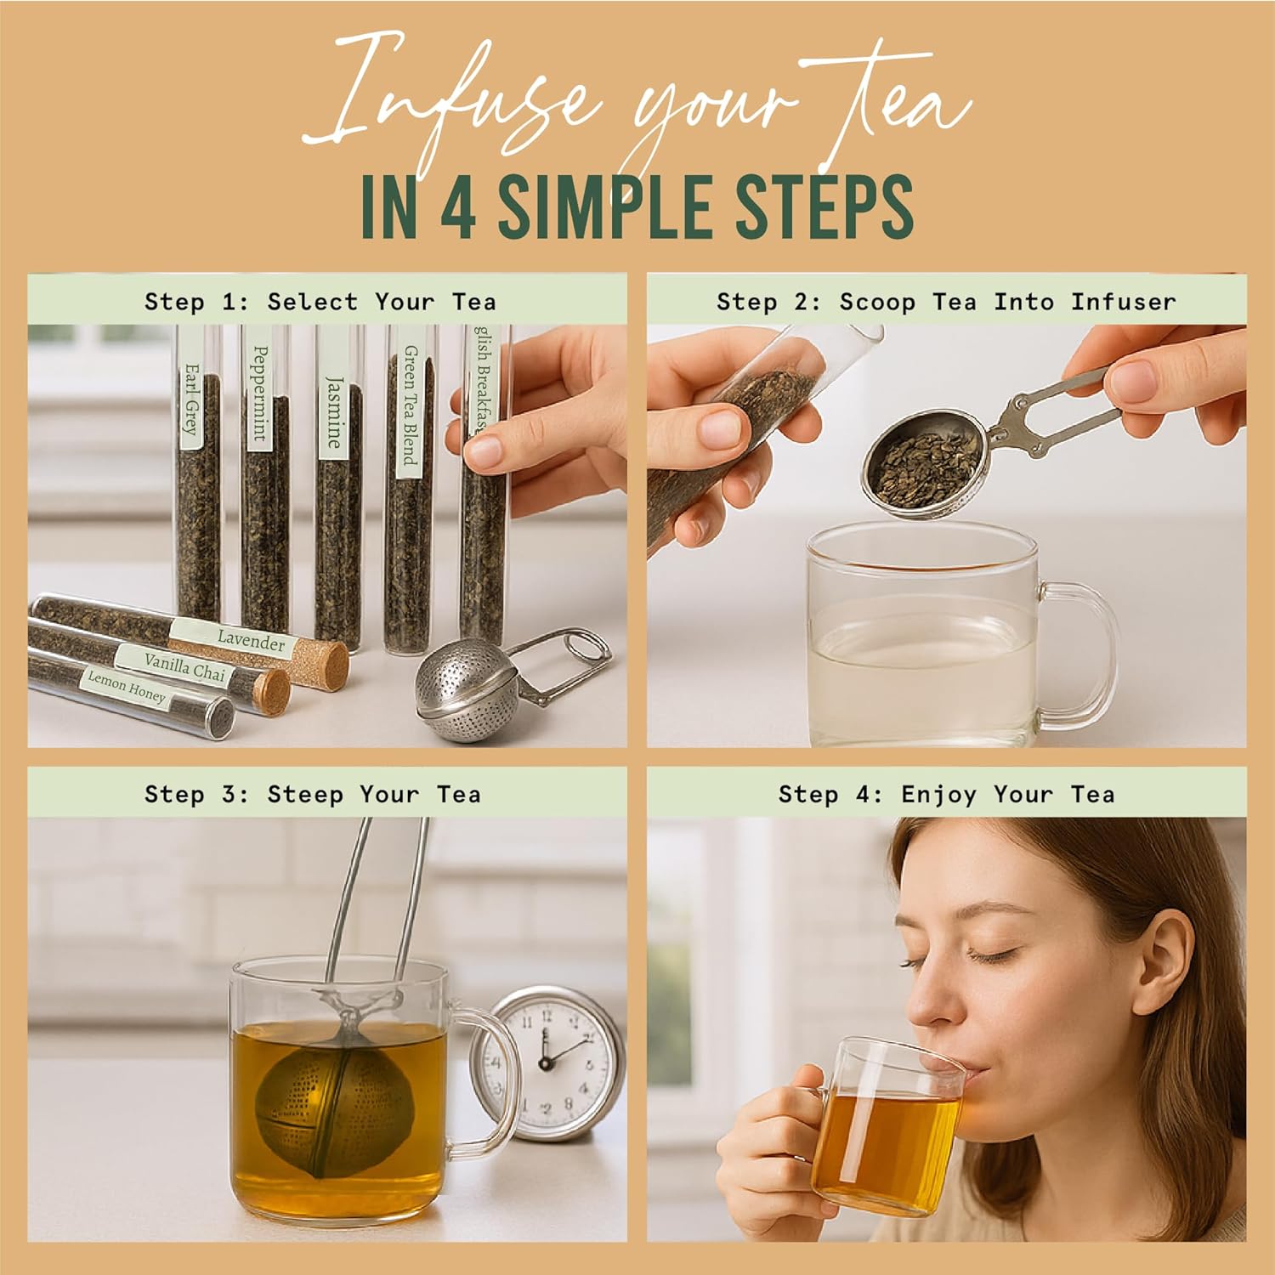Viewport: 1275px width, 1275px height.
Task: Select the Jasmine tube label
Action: click(x=333, y=411)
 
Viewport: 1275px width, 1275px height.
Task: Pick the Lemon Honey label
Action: click(x=127, y=687)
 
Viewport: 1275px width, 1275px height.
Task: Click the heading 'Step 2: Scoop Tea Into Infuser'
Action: click(x=946, y=302)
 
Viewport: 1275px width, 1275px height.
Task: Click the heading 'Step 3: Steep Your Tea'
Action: click(x=313, y=795)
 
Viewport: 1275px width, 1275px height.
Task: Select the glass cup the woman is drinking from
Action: click(x=888, y=1122)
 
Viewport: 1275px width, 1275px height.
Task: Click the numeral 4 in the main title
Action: click(x=458, y=208)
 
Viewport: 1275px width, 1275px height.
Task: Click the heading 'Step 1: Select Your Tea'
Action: click(x=320, y=302)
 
